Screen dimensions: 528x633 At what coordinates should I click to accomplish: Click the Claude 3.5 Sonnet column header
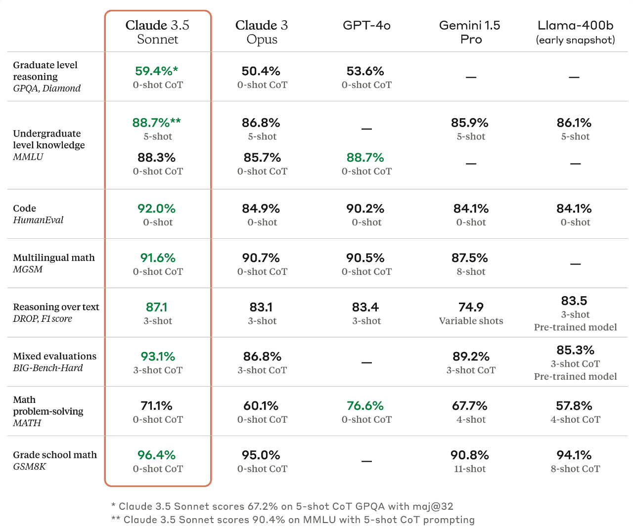coord(157,32)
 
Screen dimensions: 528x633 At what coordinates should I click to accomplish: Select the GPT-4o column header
coord(366,25)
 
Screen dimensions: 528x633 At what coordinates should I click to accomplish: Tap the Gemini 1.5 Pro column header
coord(470,32)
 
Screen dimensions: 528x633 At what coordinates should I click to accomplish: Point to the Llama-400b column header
coord(575,32)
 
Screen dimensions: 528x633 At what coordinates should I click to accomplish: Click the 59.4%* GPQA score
coord(156,71)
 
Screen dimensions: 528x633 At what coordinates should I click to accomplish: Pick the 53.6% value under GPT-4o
coord(365,71)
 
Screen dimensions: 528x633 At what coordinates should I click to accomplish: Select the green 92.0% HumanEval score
coord(156,209)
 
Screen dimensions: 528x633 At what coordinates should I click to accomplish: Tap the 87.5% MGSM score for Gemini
coord(470,258)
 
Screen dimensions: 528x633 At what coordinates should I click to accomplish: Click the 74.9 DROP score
coord(471,308)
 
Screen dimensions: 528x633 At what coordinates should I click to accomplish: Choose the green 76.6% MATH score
coord(365,406)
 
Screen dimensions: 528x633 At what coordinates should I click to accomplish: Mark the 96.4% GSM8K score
coord(156,455)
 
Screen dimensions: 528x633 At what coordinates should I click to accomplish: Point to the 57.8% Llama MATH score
coord(574,406)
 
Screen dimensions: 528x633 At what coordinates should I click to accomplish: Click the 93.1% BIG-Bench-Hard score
coord(158,356)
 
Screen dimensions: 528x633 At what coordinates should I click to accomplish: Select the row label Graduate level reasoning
coord(45,71)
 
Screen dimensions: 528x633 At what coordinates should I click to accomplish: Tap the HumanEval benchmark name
coord(38,220)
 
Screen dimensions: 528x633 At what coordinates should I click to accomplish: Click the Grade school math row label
coord(55,455)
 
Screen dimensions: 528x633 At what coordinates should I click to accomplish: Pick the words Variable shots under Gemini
coord(471,321)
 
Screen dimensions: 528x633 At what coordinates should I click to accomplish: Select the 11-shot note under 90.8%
coord(470,469)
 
